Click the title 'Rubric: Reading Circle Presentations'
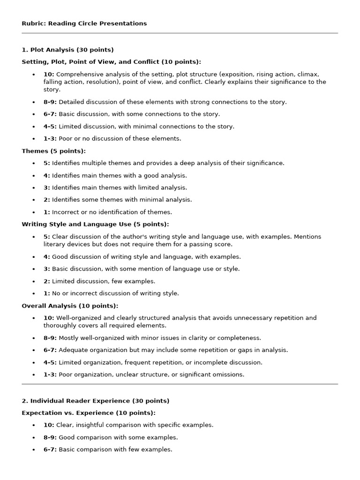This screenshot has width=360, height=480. [x=84, y=23]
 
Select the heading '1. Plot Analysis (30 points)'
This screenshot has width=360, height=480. [x=67, y=50]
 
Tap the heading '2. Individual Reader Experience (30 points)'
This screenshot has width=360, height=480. [x=96, y=401]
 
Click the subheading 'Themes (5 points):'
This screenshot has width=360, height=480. [x=54, y=151]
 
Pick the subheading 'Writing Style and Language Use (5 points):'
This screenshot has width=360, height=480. [x=95, y=225]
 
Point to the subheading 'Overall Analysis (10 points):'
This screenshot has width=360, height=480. [x=70, y=306]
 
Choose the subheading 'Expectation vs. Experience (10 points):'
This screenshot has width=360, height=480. [x=89, y=413]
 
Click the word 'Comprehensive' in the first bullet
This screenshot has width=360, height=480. [x=78, y=75]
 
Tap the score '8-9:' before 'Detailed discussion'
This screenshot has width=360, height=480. [x=50, y=102]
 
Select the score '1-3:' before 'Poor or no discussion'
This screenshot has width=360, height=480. [x=50, y=138]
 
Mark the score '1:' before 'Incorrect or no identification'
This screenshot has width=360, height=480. [x=47, y=212]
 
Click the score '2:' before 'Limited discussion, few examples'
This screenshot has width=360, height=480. [x=47, y=281]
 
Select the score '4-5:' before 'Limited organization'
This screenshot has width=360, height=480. [x=50, y=362]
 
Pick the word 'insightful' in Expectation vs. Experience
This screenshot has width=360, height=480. [x=90, y=425]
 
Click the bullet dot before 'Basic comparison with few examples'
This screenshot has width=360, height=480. [x=34, y=450]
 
